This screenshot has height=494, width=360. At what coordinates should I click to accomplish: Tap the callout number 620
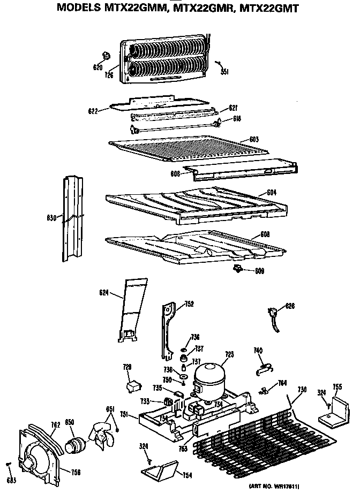coord(97,67)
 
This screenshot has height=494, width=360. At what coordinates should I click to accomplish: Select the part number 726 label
coord(109,75)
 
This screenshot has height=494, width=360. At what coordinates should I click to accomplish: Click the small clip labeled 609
coord(236,268)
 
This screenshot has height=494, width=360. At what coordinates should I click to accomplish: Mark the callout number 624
coord(103,292)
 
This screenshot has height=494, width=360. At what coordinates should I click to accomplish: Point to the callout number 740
coord(258,350)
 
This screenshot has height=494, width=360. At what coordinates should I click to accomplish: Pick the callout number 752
coord(189,303)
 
